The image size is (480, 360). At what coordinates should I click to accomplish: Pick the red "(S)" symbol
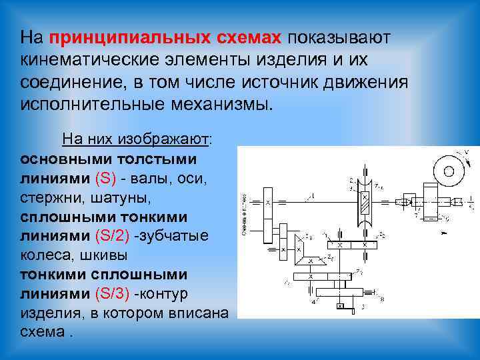[x=106, y=178]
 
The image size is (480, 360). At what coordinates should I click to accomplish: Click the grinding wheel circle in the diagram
[x=448, y=171]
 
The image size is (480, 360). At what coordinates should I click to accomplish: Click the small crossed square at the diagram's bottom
[x=340, y=307]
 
